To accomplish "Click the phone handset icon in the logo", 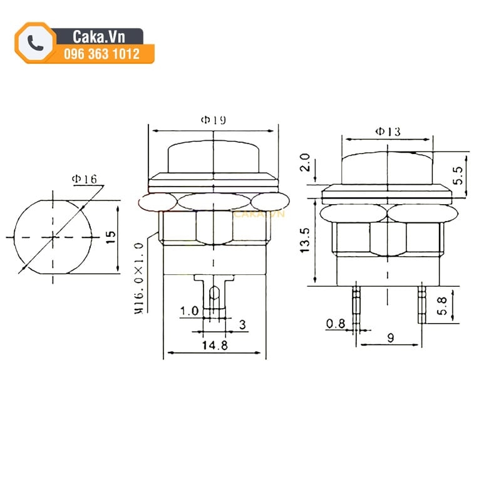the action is pos(36,43).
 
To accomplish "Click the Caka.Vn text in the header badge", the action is pos(99,37).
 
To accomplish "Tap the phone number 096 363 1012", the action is pos(101,54).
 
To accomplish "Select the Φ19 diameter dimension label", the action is pos(214,120).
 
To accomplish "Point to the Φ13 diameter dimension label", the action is pos(388,132).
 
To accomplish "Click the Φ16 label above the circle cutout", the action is pos(85,179).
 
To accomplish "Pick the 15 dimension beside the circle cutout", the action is pos(111,237).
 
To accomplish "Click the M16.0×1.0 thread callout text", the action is pos(139,278).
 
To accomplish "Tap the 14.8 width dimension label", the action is pos(215,345).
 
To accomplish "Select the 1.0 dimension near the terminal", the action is pos(189,311).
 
